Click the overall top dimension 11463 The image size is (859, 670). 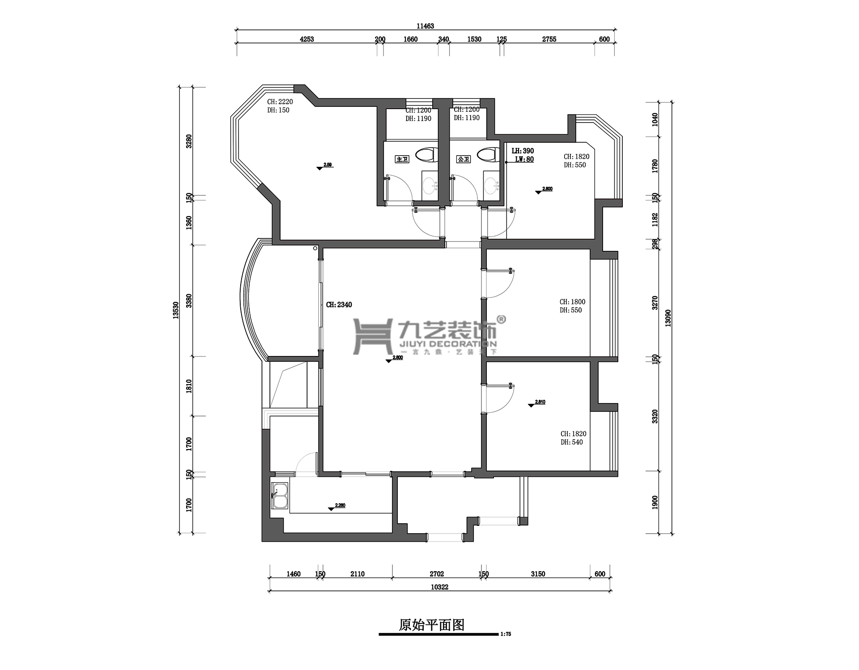pyautogui.click(x=425, y=26)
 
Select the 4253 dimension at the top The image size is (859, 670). pyautogui.click(x=306, y=39)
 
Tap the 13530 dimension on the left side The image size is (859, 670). pyautogui.click(x=176, y=310)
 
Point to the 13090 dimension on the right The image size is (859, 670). pyautogui.click(x=668, y=318)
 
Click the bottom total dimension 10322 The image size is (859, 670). pyautogui.click(x=439, y=587)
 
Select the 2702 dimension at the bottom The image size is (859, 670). pyautogui.click(x=437, y=574)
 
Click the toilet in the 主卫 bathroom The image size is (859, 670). pyautogui.click(x=426, y=155)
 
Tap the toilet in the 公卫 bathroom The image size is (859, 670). pyautogui.click(x=488, y=155)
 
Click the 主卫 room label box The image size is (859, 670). pyautogui.click(x=402, y=159)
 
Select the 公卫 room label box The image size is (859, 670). pyautogui.click(x=464, y=159)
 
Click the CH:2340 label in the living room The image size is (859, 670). pyautogui.click(x=339, y=305)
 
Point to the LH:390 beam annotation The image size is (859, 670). pyautogui.click(x=523, y=151)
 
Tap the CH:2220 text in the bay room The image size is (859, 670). pyautogui.click(x=280, y=102)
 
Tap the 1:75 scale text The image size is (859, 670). pyautogui.click(x=506, y=634)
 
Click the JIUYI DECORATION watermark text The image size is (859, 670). pyautogui.click(x=447, y=344)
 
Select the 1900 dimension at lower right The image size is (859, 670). pyautogui.click(x=655, y=502)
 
